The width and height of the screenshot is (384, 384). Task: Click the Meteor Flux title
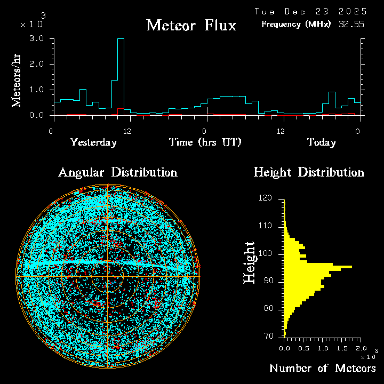point(191,25)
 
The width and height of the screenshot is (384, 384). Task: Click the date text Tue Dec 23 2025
point(310,11)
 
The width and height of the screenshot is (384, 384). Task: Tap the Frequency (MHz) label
point(296,24)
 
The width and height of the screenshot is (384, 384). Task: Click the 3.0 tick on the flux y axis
point(37,39)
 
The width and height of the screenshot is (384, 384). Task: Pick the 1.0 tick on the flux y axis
point(37,90)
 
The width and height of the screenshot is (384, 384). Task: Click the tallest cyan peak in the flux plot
point(121,39)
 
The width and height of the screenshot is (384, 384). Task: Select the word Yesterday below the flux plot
point(93,142)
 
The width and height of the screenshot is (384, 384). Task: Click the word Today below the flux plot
point(321,142)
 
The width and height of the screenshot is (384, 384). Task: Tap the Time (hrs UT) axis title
point(205,142)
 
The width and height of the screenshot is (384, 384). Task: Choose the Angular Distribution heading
point(117,172)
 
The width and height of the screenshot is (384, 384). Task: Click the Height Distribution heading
point(308,172)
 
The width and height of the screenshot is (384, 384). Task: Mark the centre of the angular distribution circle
point(108,277)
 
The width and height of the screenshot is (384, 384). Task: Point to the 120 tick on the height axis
point(266,198)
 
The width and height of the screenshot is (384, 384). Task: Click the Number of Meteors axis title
point(322,369)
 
